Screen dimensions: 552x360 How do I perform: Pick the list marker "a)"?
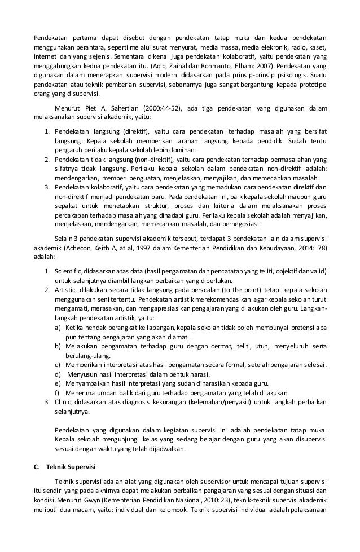pos(58,327)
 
